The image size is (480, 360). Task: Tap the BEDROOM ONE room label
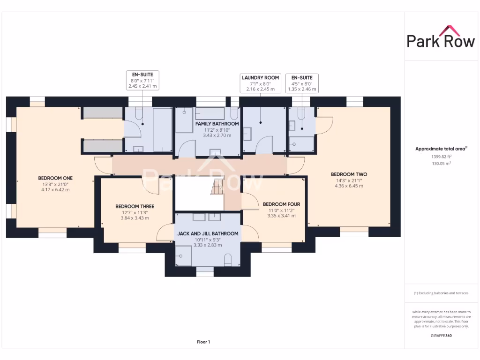click(55, 178)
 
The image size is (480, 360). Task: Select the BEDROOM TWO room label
click(349, 174)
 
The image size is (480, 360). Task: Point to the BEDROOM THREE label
click(135, 206)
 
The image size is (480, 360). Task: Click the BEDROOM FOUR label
click(281, 204)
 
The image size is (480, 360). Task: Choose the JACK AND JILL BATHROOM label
click(208, 233)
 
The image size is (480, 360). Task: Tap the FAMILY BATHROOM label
click(207, 124)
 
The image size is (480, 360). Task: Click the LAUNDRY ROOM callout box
click(260, 83)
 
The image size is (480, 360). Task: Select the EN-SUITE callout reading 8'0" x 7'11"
click(142, 80)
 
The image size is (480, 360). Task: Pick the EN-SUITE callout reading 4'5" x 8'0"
click(302, 83)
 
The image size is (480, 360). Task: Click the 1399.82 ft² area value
click(441, 157)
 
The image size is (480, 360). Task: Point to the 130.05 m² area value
click(441, 164)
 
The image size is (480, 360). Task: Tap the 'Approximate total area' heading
click(441, 149)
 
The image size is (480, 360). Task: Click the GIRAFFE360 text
click(441, 336)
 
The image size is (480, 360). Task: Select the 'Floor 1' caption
click(203, 342)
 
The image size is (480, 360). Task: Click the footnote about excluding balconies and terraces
click(441, 293)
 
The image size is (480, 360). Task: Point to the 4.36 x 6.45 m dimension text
click(349, 186)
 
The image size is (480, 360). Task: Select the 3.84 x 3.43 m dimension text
click(135, 218)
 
